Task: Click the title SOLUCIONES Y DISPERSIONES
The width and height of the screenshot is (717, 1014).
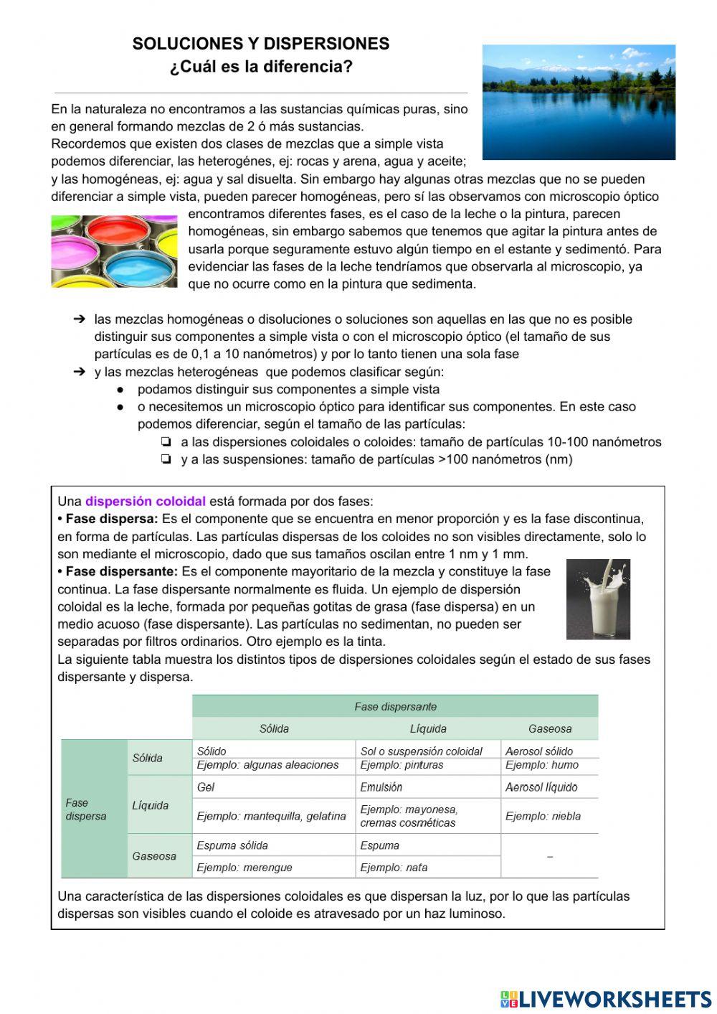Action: (260, 44)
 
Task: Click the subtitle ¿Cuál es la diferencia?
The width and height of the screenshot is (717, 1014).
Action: (261, 67)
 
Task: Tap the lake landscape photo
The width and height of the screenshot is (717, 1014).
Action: (579, 102)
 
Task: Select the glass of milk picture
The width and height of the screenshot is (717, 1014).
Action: (598, 599)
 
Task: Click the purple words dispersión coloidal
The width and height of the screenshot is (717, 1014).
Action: (146, 502)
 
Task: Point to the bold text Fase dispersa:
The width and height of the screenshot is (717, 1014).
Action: (111, 519)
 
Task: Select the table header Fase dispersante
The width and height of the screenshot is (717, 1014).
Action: (395, 707)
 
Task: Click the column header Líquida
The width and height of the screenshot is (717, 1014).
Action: (428, 728)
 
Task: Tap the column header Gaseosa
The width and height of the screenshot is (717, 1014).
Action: (550, 728)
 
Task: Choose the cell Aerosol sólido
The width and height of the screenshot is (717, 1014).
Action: (539, 751)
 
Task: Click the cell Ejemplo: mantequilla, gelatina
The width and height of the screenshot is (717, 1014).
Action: (271, 816)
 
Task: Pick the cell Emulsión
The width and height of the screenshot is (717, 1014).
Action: (381, 787)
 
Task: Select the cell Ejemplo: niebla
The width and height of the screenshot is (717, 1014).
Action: (543, 816)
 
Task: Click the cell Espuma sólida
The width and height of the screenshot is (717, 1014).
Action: (232, 845)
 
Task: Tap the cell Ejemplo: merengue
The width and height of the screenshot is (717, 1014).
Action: (244, 868)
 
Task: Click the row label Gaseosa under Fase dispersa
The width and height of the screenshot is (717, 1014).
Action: (154, 856)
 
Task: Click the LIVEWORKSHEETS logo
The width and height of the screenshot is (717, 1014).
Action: (606, 999)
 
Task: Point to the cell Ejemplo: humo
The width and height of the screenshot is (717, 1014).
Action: (541, 765)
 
